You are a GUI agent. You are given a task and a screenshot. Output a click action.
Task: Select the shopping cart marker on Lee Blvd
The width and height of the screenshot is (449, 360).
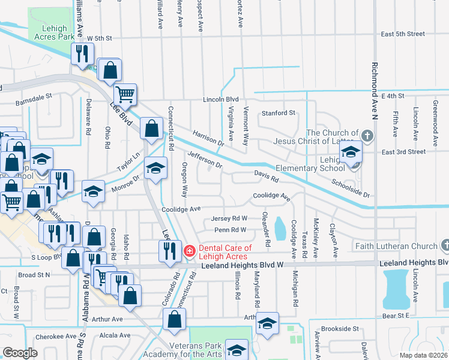coord(125,93)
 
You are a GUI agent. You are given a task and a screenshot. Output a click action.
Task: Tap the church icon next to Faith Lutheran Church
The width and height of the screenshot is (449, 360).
coord(445,245)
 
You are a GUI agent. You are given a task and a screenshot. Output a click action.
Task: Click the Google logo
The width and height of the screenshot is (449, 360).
coord(20,353)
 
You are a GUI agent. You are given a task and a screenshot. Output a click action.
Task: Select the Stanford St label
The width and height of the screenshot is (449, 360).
coord(278,113)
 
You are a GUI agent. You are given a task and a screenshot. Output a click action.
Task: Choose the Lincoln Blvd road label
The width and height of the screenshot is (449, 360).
coord(220,99)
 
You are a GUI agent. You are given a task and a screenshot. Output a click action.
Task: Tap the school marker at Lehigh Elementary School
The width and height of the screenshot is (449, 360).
coord(351,152)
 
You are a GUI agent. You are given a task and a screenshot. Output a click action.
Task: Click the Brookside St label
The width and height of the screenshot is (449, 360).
coord(340,329)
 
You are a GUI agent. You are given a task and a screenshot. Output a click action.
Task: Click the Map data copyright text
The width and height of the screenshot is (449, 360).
coord(423,355)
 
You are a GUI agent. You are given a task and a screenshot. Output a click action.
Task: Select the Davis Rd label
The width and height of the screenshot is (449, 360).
coord(267,176)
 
